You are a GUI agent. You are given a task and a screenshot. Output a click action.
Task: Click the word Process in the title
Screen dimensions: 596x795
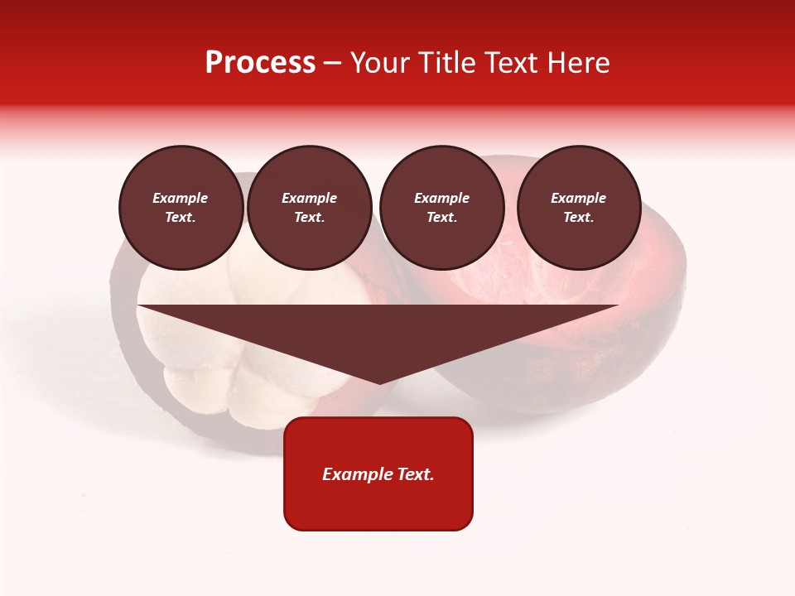[x=260, y=63]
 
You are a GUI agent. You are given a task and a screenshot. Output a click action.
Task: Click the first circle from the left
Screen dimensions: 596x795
[x=181, y=208]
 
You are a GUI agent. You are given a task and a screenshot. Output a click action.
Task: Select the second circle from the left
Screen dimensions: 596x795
[x=309, y=208]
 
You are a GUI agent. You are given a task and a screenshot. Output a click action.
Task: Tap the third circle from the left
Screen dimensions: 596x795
[x=441, y=208]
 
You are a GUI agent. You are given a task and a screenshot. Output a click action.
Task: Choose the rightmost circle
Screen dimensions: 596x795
[x=579, y=208]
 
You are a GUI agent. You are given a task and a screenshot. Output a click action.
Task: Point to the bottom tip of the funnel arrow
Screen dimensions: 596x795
[x=378, y=382]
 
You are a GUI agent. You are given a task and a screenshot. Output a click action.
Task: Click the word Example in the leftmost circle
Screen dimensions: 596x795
[x=181, y=198]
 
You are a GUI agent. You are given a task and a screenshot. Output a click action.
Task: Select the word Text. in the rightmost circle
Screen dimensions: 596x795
[x=579, y=218]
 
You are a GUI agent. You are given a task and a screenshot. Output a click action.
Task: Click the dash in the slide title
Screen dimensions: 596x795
[x=333, y=64]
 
